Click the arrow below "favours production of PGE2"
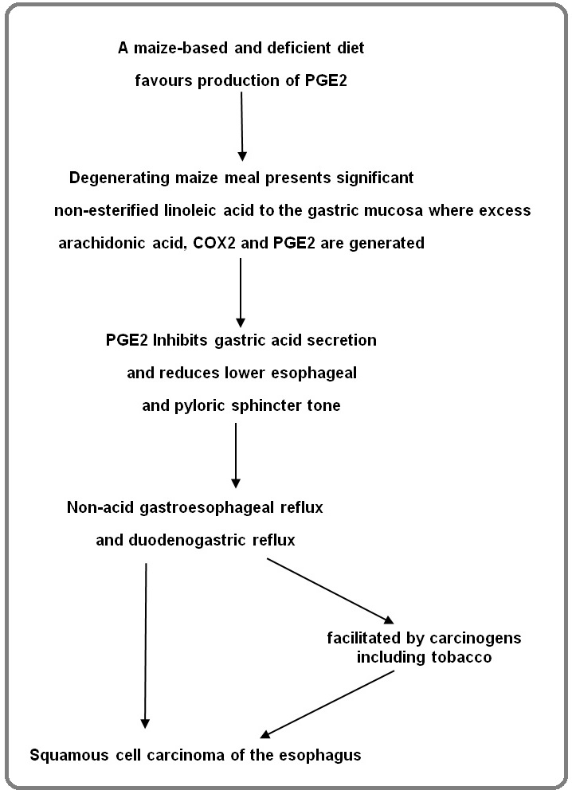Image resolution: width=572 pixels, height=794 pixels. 241,126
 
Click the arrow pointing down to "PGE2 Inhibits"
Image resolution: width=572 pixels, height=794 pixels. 241,293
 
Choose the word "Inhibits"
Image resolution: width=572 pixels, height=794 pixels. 180,340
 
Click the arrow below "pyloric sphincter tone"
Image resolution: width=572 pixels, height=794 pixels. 236,456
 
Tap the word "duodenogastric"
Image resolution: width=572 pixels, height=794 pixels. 187,541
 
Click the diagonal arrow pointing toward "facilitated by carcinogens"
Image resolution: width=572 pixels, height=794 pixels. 330,591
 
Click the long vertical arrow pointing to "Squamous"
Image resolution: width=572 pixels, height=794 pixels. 146,646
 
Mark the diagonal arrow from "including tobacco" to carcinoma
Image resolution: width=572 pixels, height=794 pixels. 327,704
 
